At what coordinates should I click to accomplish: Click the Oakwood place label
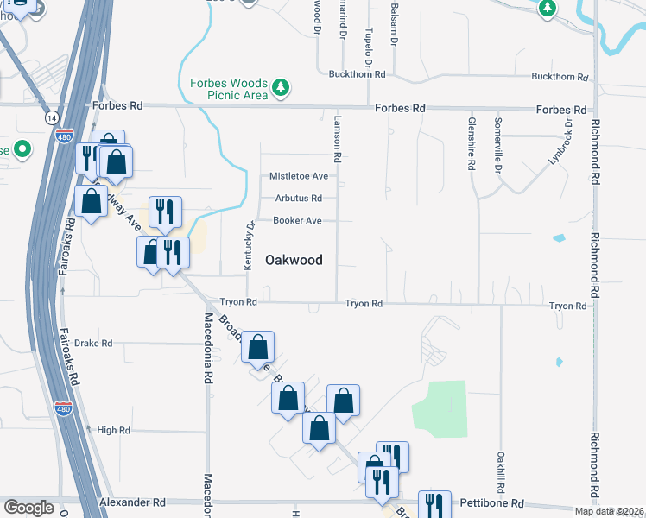[x=294, y=260]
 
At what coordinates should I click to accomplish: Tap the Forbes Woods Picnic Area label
[x=229, y=89]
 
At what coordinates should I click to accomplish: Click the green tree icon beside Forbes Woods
[x=280, y=87]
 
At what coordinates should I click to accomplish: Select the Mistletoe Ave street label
[x=299, y=176]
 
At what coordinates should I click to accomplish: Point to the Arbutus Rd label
[x=299, y=198]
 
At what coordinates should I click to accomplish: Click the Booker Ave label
[x=298, y=221]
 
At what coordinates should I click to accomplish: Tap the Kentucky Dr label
[x=249, y=246]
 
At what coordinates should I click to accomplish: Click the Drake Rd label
[x=93, y=343]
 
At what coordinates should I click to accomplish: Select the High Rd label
[x=114, y=430]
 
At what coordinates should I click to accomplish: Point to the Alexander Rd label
[x=132, y=502]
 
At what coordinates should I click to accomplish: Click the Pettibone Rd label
[x=494, y=502]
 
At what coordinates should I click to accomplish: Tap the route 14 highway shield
[x=54, y=117]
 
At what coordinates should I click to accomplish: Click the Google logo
[x=28, y=508]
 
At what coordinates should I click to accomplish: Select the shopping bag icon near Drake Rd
[x=258, y=348]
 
